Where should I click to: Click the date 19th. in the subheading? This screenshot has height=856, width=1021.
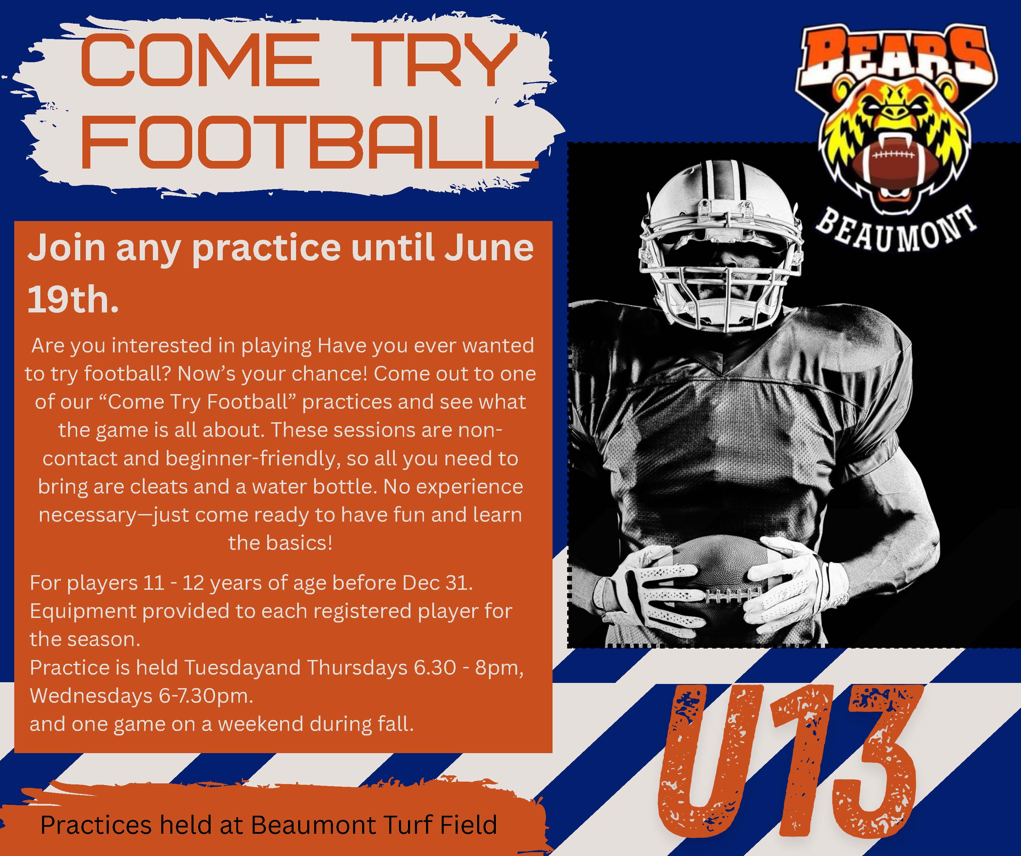pyautogui.click(x=73, y=300)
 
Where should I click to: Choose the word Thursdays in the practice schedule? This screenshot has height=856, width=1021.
pyautogui.click(x=357, y=667)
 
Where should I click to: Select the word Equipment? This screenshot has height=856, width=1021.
pyautogui.click(x=83, y=611)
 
